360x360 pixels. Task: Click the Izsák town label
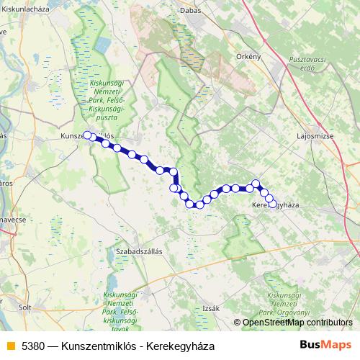tap(210, 307)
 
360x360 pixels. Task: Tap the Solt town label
tap(26, 307)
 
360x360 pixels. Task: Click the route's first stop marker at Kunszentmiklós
tap(87, 135)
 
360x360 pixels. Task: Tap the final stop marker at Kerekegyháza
tap(271, 205)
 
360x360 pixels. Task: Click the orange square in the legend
tap(9, 346)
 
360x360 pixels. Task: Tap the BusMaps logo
tap(326, 345)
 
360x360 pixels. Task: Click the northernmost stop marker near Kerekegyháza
tap(256, 184)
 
